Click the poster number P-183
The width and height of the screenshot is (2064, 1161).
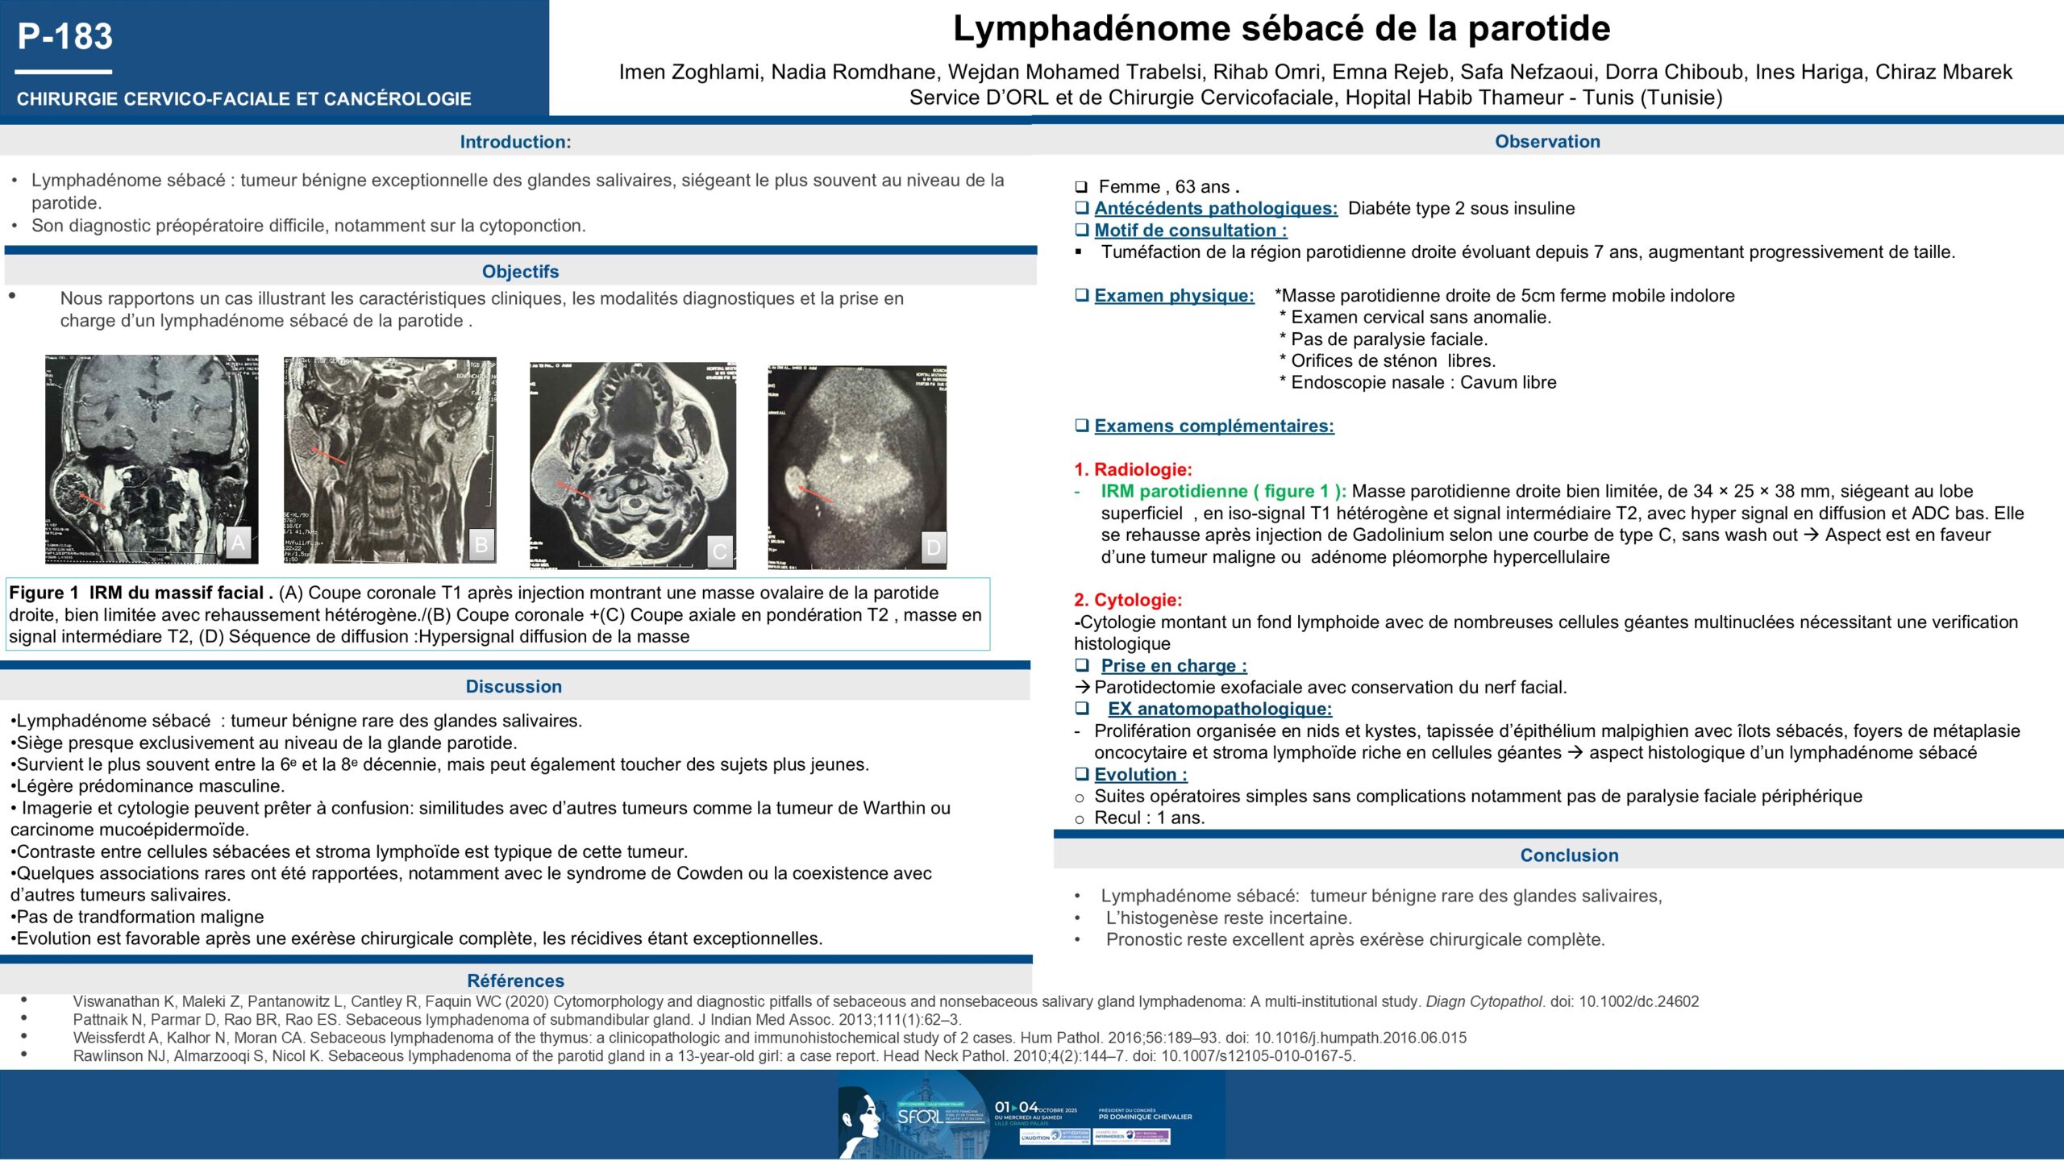click(x=65, y=37)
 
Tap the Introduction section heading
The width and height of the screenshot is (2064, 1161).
click(x=515, y=142)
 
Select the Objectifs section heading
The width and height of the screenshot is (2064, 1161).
click(x=520, y=272)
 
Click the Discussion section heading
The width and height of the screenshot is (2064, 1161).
click(x=514, y=686)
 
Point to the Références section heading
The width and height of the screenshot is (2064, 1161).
click(x=515, y=980)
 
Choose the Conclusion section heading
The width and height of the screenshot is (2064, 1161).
click(x=1569, y=855)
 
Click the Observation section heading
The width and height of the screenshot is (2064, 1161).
click(x=1547, y=141)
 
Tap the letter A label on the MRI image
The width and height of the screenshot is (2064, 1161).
click(x=238, y=543)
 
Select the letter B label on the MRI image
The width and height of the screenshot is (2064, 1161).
click(x=481, y=544)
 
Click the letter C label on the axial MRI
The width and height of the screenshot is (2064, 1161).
click(x=720, y=551)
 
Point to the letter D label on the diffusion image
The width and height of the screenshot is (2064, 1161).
click(x=933, y=547)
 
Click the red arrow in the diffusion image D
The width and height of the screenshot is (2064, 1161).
click(x=816, y=494)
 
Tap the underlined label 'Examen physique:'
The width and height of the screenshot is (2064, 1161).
click(x=1174, y=296)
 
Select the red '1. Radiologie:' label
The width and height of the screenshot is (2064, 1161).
click(x=1132, y=469)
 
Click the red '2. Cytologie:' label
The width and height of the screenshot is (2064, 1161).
click(x=1127, y=600)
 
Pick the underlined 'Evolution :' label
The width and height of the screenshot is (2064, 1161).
click(x=1140, y=775)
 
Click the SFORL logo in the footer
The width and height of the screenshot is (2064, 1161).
click(x=919, y=1117)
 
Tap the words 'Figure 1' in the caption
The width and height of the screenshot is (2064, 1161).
click(x=44, y=593)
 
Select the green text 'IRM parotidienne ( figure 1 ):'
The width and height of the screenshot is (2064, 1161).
click(x=1223, y=491)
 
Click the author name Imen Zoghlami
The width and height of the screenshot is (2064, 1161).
click(x=689, y=72)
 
